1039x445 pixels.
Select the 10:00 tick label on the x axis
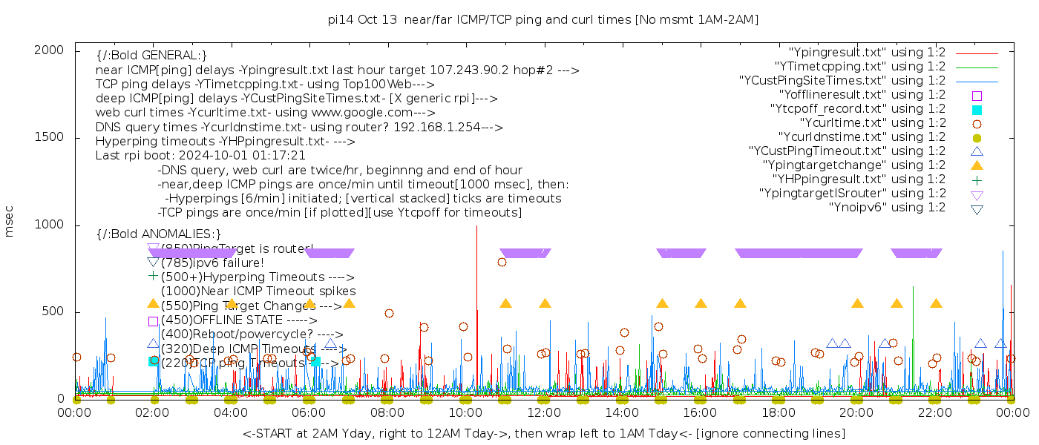[x=465, y=412]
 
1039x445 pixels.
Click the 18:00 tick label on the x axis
[x=779, y=412]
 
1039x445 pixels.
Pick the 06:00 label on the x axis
[x=309, y=412]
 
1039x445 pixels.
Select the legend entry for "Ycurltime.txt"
[x=873, y=123]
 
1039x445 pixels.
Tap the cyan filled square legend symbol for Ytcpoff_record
[x=977, y=110]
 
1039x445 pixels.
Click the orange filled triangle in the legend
[x=977, y=165]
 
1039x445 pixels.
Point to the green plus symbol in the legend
[x=977, y=179]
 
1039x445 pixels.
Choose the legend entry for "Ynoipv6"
[x=887, y=208]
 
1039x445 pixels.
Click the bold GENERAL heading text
[x=151, y=56]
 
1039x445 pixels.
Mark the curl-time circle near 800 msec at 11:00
[x=502, y=262]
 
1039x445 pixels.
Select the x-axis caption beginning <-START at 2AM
[x=543, y=433]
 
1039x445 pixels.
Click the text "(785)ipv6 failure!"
[x=212, y=263]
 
